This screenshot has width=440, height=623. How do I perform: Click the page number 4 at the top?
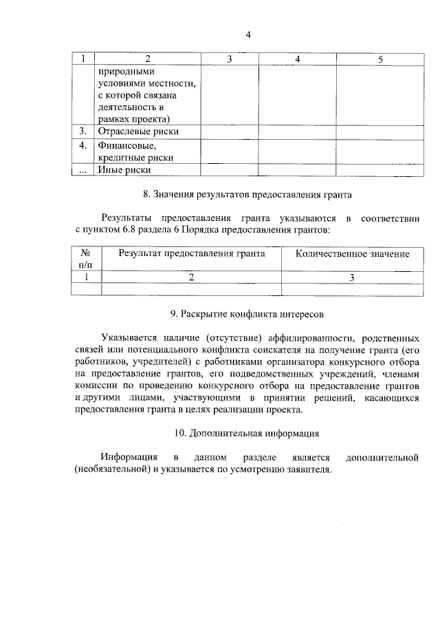pos(248,35)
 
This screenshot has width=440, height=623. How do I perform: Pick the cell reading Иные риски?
pos(124,169)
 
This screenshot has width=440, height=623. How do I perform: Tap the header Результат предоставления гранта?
pos(191,253)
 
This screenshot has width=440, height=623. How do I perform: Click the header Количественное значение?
pos(352,253)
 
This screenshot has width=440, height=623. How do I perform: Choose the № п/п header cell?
pos(86,259)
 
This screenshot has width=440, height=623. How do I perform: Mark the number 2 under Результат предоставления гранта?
pos(191,277)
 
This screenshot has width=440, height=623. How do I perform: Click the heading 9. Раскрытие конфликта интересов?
pos(247,313)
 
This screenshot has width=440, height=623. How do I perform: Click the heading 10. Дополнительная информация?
pos(247,434)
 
